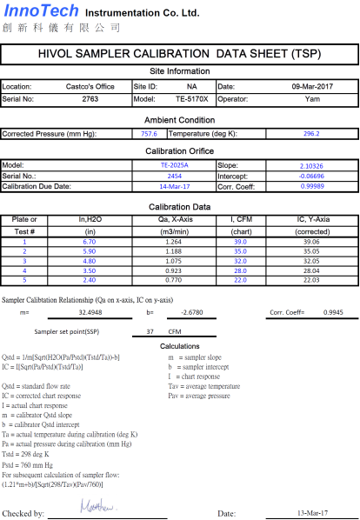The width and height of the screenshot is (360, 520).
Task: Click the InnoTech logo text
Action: point(41,11)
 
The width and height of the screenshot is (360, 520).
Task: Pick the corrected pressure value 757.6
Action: point(149,134)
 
